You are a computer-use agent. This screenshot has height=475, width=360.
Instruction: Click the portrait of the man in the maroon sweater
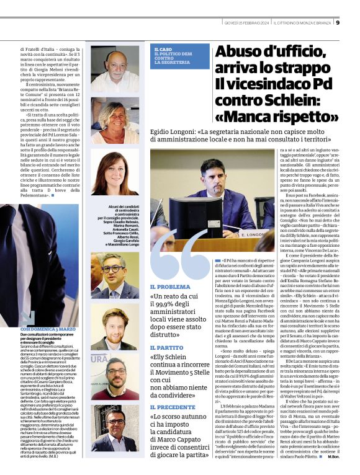point(115,378)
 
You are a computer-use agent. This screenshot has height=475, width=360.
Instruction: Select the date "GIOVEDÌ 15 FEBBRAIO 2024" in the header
point(244,24)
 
